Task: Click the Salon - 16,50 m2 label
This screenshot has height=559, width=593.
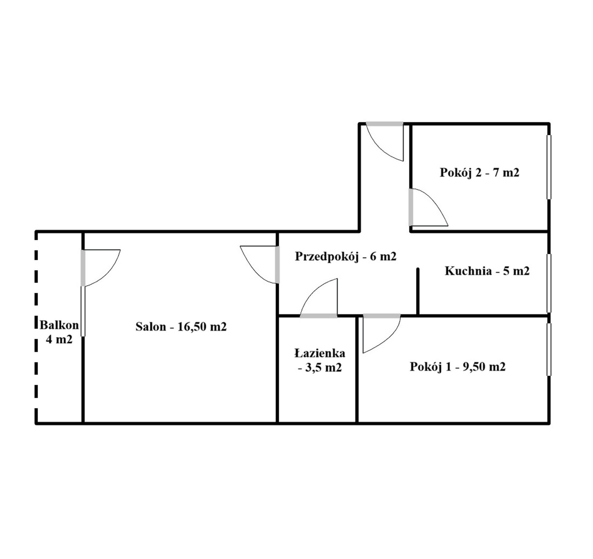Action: click(181, 327)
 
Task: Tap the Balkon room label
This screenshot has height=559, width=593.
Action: click(59, 332)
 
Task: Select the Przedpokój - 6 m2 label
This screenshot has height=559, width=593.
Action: click(346, 257)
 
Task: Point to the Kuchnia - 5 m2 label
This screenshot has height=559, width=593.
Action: click(487, 271)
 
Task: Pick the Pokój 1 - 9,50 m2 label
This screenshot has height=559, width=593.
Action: click(457, 367)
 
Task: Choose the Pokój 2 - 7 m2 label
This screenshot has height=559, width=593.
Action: click(479, 173)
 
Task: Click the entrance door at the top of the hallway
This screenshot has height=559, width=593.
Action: click(385, 142)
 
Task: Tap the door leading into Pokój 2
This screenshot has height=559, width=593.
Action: click(428, 207)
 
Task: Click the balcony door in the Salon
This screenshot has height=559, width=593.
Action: click(101, 267)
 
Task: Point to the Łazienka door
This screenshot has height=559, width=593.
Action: click(318, 298)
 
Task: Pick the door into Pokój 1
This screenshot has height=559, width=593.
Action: click(382, 334)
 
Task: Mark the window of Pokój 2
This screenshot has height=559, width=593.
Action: click(549, 167)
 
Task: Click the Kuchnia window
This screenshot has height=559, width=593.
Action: click(549, 283)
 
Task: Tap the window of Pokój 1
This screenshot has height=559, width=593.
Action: click(549, 350)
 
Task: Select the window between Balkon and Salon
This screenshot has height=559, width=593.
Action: click(83, 311)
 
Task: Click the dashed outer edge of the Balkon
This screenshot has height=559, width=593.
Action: click(36, 327)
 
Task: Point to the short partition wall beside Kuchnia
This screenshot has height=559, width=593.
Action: click(418, 292)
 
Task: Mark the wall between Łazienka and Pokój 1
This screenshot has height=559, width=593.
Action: click(357, 369)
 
